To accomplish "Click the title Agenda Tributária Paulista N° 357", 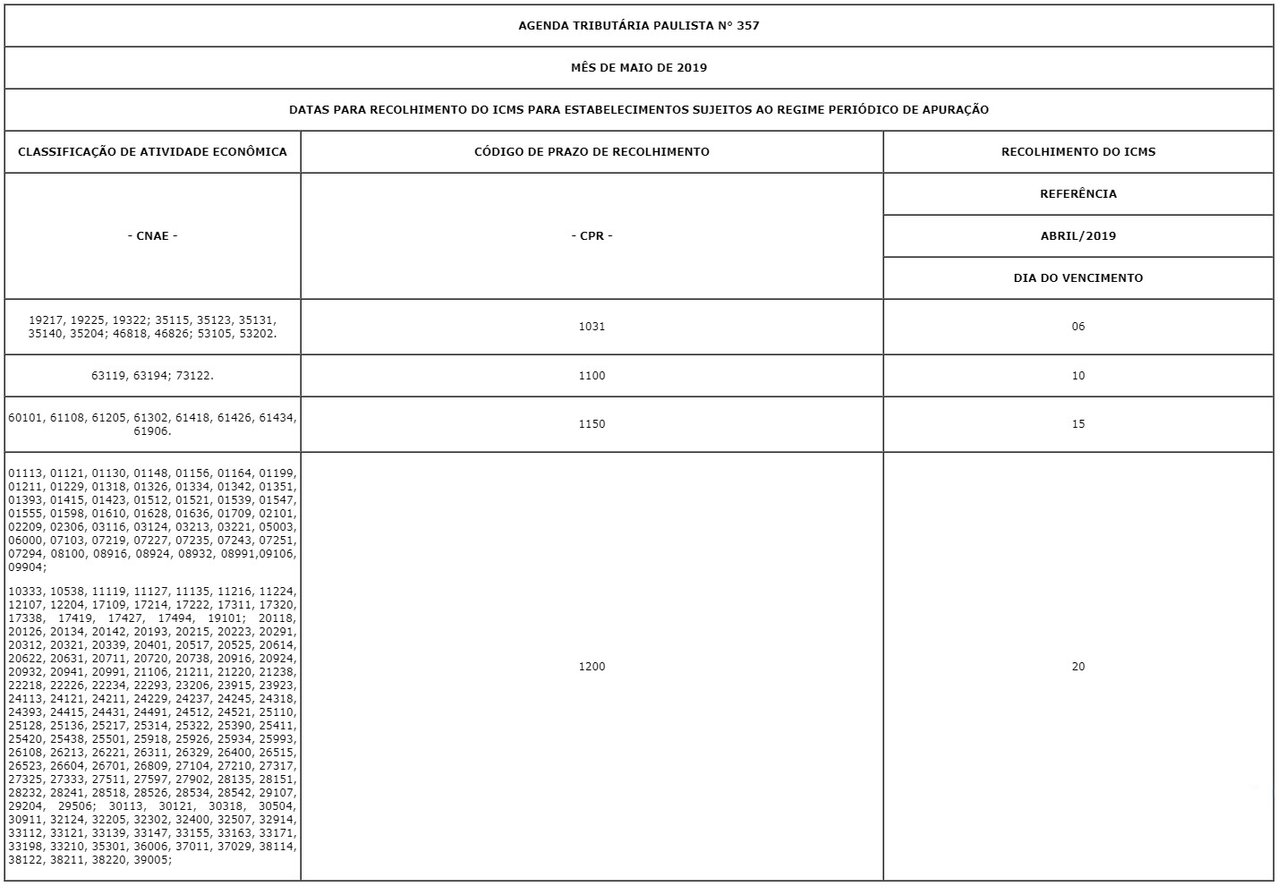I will click(638, 25).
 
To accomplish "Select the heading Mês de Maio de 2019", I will click(638, 67).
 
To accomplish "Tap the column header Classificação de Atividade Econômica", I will click(152, 151).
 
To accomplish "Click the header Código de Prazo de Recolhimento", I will click(592, 151).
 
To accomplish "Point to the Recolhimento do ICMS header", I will click(1078, 151).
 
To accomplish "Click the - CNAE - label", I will click(152, 235).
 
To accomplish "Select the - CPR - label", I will click(592, 235).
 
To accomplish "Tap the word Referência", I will click(1078, 193).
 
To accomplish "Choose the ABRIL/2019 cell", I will click(1078, 235).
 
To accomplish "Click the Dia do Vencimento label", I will click(1078, 277).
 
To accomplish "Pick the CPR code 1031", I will click(592, 326).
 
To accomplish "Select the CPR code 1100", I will click(592, 375).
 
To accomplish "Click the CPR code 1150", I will click(592, 423).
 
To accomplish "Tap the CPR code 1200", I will click(592, 666).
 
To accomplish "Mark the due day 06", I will click(1078, 326).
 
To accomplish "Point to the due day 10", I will click(1078, 375).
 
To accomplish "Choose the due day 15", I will click(1078, 423).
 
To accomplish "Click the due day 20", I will click(1078, 666).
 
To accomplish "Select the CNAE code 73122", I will click(195, 376).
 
